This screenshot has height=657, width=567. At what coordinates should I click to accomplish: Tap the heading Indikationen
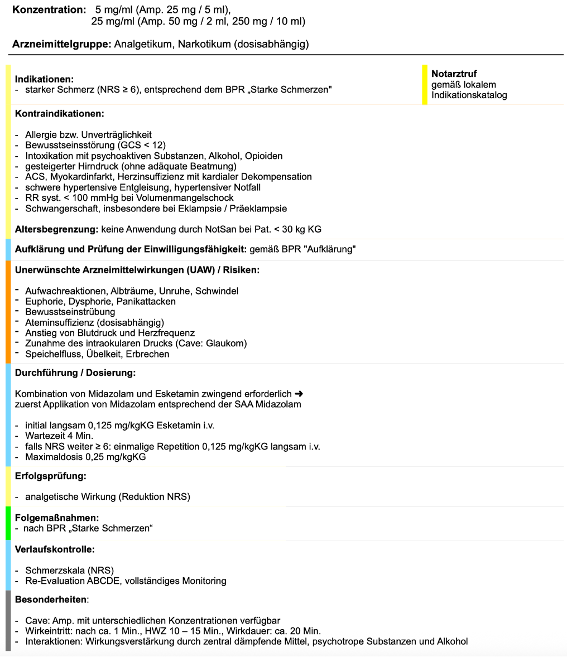[x=44, y=79]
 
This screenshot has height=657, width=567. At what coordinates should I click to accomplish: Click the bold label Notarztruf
[x=454, y=74]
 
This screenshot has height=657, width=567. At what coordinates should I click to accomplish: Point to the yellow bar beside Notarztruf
[x=425, y=84]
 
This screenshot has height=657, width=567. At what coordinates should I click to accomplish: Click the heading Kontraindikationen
[x=60, y=113]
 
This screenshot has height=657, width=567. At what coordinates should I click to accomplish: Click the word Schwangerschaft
[x=59, y=209]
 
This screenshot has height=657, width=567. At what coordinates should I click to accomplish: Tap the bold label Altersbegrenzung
[x=56, y=229]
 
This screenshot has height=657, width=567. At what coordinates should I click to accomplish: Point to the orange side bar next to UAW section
[x=8, y=312]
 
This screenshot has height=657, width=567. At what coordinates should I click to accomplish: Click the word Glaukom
[x=225, y=344]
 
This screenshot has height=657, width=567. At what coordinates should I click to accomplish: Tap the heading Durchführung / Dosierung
[x=75, y=373]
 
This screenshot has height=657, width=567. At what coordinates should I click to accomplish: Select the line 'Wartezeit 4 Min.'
[x=59, y=436]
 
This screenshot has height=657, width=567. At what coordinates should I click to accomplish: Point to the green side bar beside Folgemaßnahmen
[x=8, y=523]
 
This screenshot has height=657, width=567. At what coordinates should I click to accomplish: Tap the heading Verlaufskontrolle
[x=55, y=549]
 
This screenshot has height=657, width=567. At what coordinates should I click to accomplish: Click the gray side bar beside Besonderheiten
[x=8, y=620]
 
